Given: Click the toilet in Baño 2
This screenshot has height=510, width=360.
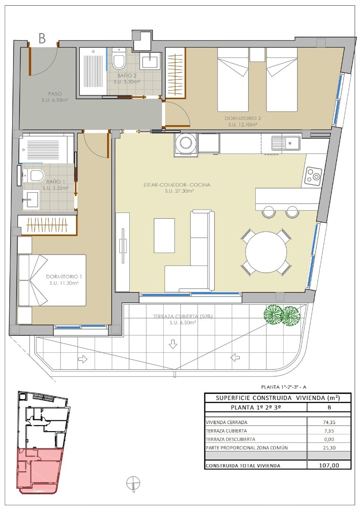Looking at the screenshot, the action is coord(119,59).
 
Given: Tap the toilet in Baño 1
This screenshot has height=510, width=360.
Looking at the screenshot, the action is coord(34,176).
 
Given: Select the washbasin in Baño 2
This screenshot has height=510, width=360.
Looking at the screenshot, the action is coord(150,60).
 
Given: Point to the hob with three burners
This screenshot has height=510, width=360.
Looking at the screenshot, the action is coord(313,174).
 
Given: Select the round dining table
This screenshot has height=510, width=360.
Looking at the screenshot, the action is coord(266,252).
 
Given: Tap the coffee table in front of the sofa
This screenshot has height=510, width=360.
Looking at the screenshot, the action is coord(164,236).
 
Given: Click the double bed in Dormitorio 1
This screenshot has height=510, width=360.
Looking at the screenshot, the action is coord(52,280).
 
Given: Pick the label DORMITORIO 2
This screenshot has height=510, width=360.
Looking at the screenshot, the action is coord(243,119).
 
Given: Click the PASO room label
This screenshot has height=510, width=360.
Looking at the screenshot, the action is coord(55,94).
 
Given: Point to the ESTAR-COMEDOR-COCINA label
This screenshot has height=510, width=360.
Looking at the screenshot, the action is coord(177,185).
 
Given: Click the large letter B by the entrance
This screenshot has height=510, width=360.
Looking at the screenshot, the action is coord(42,38).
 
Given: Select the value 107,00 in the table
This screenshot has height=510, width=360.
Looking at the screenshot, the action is coord(329,466).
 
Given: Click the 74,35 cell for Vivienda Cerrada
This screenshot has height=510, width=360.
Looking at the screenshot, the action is coord(329,422).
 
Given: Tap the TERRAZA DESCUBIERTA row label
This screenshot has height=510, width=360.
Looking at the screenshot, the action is coord(230,439).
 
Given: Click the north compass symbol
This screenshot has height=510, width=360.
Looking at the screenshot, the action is coord(134,483).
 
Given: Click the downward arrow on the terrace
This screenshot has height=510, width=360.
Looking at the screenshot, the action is coord(173,344).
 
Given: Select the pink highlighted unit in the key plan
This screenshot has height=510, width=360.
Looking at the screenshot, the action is coord(40,469).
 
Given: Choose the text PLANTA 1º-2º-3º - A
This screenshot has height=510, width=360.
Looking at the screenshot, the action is coord(284,387).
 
